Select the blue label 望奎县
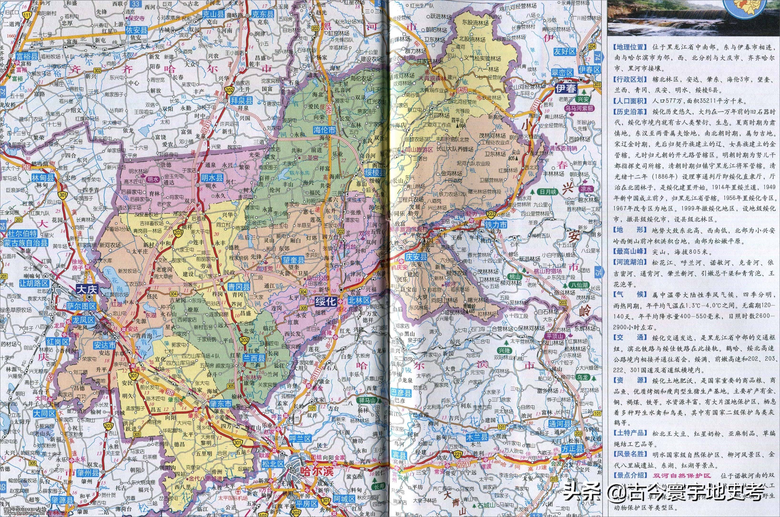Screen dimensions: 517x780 [x=292, y=260]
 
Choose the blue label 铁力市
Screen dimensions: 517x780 [x=496, y=224]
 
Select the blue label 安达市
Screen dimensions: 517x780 [x=104, y=345]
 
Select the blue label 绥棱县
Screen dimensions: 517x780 [x=375, y=173]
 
